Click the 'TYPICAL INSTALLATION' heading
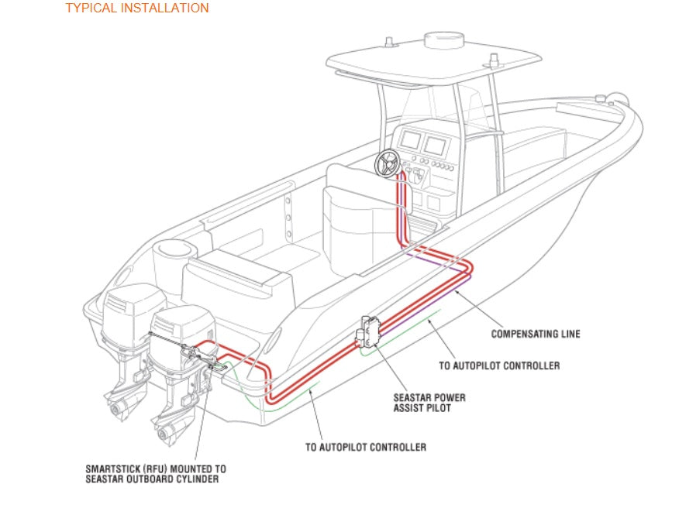click(136, 9)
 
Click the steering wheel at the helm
click(387, 162)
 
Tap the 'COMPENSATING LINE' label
click(536, 335)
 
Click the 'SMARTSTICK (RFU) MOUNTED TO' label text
click(156, 469)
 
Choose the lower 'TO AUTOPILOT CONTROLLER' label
click(365, 447)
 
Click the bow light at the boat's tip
click(618, 100)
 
